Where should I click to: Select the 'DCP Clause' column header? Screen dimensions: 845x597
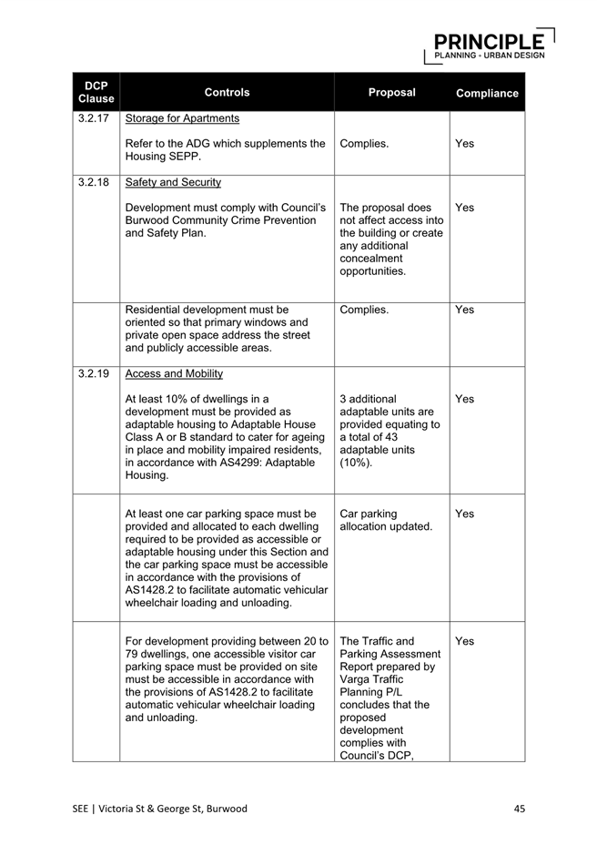click(96, 92)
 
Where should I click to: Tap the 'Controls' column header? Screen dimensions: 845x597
click(227, 92)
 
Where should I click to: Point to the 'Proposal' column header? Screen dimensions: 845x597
click(391, 92)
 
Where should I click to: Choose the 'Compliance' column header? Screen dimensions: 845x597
click(487, 93)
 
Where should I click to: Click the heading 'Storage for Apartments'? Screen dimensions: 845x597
click(182, 118)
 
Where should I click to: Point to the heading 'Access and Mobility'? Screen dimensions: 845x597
click(174, 373)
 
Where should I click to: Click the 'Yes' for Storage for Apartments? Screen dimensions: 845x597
click(464, 144)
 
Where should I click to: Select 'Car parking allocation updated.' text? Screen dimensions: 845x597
click(385, 520)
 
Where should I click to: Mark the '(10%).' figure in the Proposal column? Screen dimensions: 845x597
click(356, 463)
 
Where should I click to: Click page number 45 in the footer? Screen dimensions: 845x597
click(519, 808)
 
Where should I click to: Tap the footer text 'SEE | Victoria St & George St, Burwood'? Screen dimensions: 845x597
click(160, 808)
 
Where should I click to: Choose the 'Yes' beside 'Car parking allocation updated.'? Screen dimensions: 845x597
click(464, 514)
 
